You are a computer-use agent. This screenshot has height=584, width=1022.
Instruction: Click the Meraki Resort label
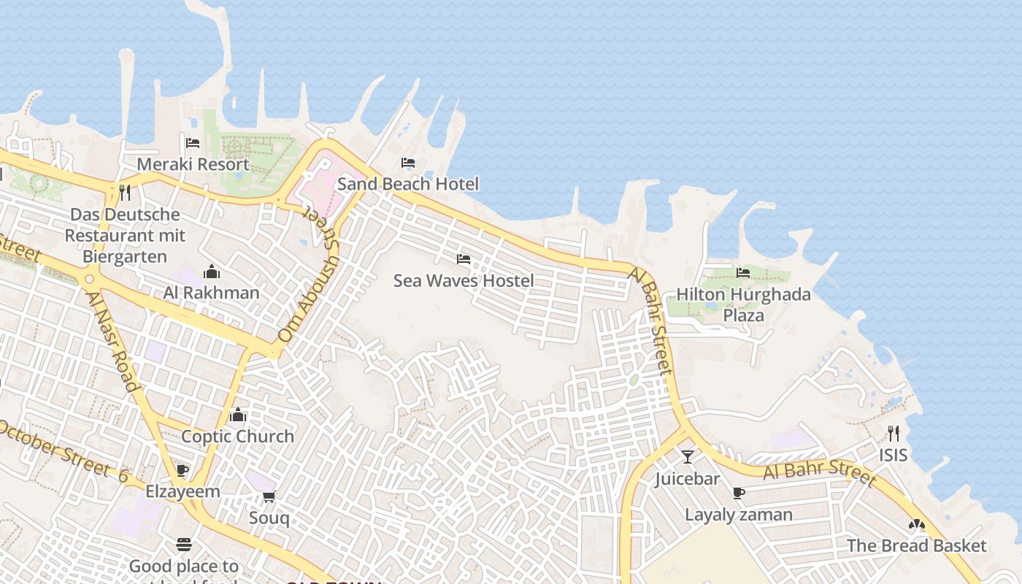click(x=193, y=164)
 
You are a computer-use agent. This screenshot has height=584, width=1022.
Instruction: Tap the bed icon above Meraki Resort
click(x=193, y=142)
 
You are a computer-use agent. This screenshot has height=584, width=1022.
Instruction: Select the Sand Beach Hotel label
click(x=408, y=184)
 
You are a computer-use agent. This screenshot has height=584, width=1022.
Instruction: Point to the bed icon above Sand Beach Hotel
click(x=408, y=162)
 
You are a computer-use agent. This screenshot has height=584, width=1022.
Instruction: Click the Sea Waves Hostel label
click(x=464, y=280)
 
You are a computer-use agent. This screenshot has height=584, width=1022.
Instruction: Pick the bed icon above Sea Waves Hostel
click(x=464, y=258)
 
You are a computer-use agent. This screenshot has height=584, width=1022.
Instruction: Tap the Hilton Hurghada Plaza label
click(x=743, y=304)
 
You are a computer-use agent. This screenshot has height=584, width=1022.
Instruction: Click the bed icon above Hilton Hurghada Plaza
click(x=743, y=272)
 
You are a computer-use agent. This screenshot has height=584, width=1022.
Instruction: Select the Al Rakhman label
click(x=211, y=293)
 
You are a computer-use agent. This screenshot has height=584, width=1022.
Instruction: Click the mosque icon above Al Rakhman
click(x=212, y=272)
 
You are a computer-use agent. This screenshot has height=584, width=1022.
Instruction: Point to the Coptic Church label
click(x=237, y=437)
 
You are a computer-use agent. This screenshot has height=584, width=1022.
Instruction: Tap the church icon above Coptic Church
click(x=237, y=415)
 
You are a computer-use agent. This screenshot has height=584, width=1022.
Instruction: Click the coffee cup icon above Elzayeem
click(x=182, y=469)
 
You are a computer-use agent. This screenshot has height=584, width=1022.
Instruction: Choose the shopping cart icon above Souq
click(x=269, y=496)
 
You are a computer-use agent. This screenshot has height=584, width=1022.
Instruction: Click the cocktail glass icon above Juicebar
click(x=687, y=457)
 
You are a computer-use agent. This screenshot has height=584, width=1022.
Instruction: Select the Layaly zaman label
click(x=738, y=515)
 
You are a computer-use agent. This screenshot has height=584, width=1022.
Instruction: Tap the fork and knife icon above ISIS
click(x=894, y=434)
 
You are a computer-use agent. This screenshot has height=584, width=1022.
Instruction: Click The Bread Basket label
click(x=916, y=546)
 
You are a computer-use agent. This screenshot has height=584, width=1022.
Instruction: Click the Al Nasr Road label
click(x=112, y=342)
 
